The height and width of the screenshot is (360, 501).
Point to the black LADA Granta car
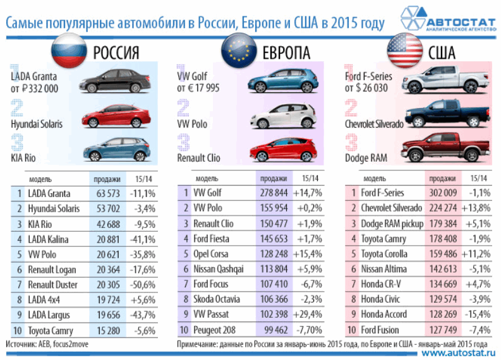[113, 83]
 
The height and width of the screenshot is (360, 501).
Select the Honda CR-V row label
[382, 284]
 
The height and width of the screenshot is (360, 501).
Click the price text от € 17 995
[198, 88]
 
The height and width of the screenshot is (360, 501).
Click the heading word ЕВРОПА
[283, 52]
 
